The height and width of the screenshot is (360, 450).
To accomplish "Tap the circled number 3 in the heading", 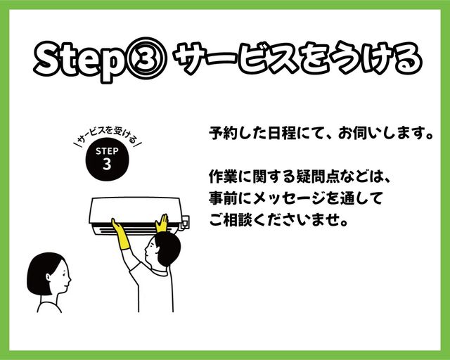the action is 146,58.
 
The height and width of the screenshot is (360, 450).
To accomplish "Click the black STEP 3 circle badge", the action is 107,159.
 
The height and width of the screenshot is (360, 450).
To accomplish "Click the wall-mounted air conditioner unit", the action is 139,215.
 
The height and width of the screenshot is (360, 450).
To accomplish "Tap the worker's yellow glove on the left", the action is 121,234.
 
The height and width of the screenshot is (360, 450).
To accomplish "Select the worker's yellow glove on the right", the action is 162,224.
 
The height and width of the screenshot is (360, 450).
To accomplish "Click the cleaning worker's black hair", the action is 167,248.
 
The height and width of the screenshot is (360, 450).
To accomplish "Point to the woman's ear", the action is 49,277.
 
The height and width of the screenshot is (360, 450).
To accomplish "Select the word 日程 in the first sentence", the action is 281,133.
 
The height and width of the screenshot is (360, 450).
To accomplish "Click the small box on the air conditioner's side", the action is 185,223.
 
